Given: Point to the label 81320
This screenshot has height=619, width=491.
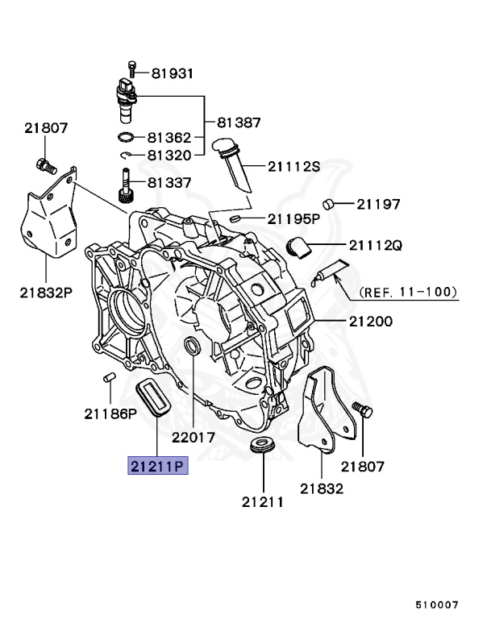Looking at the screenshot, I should pyautogui.click(x=169, y=155).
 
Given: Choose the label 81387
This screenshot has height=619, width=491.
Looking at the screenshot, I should pyautogui.click(x=239, y=123).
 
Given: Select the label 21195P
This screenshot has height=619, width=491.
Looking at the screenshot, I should pyautogui.click(x=294, y=218).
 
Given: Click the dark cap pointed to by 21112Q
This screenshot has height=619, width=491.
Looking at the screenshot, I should pyautogui.click(x=301, y=246).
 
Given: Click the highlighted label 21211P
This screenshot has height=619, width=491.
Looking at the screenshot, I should pyautogui.click(x=155, y=466).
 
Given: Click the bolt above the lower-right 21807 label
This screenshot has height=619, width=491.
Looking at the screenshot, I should pyautogui.click(x=364, y=412).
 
